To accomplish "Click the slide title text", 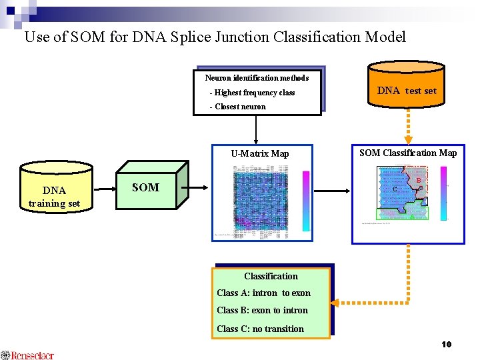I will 215,37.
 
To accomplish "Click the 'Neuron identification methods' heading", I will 257,78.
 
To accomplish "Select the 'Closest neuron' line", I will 237,107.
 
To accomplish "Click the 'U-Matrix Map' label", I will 260,153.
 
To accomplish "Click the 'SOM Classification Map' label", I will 408,153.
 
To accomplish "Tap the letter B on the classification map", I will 419,180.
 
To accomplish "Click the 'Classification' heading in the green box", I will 271,276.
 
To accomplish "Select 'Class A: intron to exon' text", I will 263,293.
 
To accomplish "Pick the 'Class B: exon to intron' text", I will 262,310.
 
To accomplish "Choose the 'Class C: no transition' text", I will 260,329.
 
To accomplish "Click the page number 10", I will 446,344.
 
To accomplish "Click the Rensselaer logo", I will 28,355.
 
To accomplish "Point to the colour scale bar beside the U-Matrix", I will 306,200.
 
